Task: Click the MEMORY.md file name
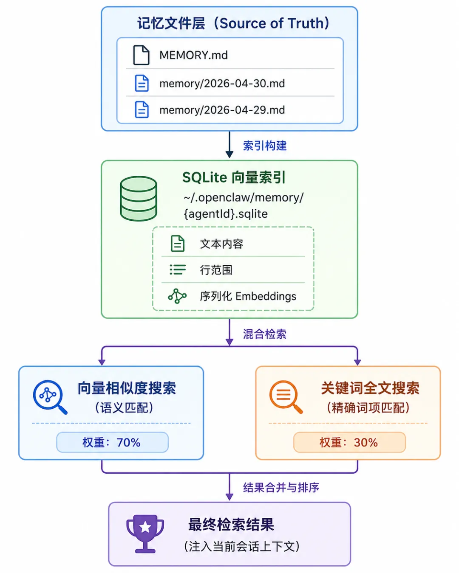tap(193, 55)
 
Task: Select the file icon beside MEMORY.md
tap(141, 55)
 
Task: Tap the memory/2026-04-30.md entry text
tap(222, 84)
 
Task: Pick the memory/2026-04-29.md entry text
tap(222, 110)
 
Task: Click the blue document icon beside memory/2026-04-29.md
tap(142, 110)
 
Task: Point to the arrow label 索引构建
tap(265, 146)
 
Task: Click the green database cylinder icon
tap(139, 198)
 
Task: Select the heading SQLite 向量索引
tap(234, 177)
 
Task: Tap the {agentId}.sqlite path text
tap(226, 214)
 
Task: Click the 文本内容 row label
tap(221, 244)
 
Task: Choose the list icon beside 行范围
tap(178, 270)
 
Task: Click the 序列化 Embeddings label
tap(248, 296)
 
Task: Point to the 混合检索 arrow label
tap(265, 334)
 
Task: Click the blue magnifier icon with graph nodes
tap(50, 397)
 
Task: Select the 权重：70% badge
tap(112, 442)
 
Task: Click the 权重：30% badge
tap(350, 442)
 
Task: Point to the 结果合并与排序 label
tap(281, 488)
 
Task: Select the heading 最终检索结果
tap(231, 525)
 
